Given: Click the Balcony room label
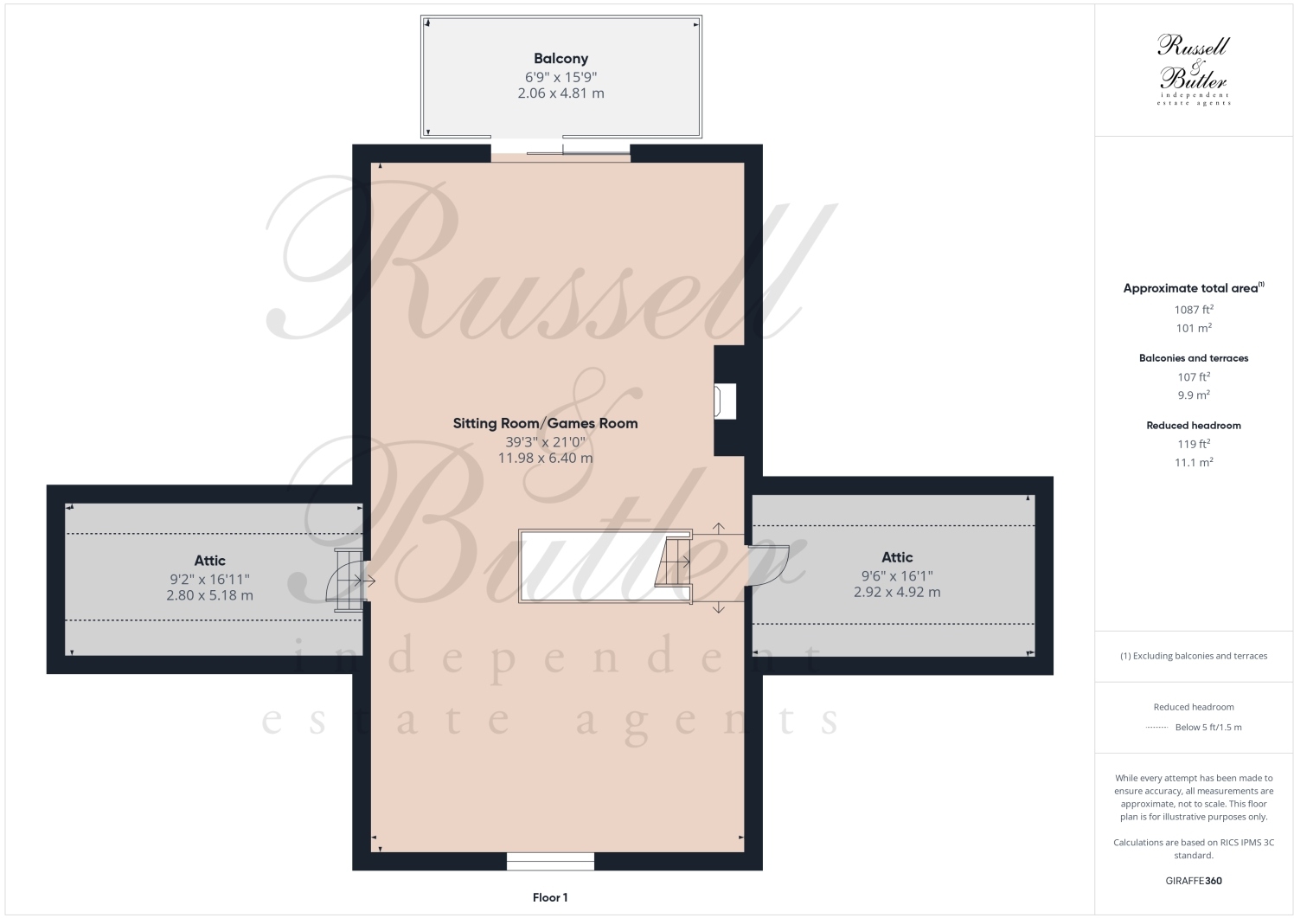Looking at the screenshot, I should click(x=561, y=59).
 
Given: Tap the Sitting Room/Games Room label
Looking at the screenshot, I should click(x=545, y=423).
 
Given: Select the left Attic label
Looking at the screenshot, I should click(x=209, y=561).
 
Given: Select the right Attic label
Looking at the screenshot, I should click(x=897, y=557).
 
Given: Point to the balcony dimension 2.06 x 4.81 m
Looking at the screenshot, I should click(x=561, y=93).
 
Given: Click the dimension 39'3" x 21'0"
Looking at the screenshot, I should click(x=545, y=441).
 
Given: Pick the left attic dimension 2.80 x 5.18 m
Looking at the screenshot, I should click(x=209, y=595).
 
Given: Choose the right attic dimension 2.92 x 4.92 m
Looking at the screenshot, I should click(x=897, y=593).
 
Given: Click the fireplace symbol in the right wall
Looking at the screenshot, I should click(x=723, y=401).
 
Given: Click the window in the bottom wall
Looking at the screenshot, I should click(x=550, y=861).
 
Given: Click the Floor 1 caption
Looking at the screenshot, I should click(x=550, y=897).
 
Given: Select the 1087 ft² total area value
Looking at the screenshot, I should click(x=1193, y=310).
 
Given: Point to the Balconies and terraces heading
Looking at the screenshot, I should click(x=1193, y=358).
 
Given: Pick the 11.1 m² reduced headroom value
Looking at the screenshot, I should click(x=1193, y=463).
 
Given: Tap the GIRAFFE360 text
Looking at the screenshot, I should click(x=1193, y=881).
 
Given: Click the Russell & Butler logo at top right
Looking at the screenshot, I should click(x=1193, y=69).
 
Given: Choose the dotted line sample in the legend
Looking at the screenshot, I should click(x=1156, y=728).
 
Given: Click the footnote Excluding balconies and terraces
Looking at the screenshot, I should click(x=1193, y=656).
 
